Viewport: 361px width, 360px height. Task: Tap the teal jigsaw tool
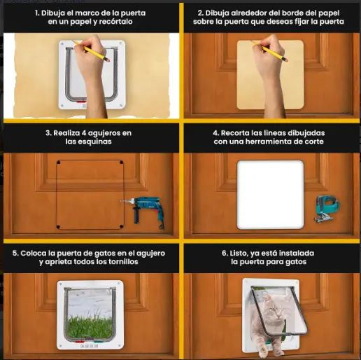pos(327,209)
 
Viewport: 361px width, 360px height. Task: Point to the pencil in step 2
pos(269,51)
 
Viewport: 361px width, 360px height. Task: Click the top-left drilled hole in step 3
pos(59,162)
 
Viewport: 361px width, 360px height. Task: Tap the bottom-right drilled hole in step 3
pos(121,226)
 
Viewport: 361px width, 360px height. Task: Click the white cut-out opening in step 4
pos(271,195)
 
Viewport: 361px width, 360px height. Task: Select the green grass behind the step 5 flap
pos(90,325)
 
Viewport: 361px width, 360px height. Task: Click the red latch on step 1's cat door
pos(81,102)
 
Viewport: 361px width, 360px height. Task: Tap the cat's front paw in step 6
pos(264,353)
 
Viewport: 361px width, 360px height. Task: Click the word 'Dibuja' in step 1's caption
pos(53,13)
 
